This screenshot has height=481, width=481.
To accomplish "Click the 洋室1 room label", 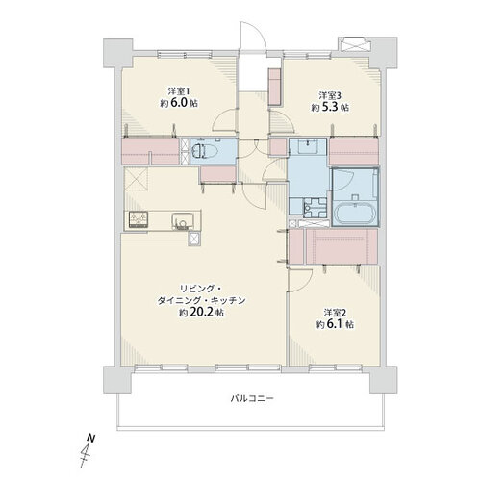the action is coord(179,91).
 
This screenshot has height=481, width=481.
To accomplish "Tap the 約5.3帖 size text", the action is coord(330,107).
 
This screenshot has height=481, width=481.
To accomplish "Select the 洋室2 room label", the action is coord(335,313).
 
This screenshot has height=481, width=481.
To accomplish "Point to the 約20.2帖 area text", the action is coord(201,312).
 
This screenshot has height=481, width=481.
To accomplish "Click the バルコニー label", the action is coord(252,399).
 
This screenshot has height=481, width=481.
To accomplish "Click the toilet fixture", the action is coord(201,150).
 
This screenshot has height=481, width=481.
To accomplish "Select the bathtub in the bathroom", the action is coord(355,214).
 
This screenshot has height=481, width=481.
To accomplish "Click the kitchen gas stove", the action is coord(139,219).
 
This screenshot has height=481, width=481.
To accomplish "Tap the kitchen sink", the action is coord(182,221).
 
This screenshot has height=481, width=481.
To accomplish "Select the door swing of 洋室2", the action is coord(301,281).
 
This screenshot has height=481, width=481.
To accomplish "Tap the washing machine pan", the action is coord(315,207).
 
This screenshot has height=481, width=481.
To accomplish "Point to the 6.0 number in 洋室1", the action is coord(179,103).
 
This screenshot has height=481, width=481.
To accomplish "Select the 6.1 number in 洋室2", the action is coord(335,324).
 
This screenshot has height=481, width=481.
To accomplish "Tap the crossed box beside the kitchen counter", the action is coord(194,239).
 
